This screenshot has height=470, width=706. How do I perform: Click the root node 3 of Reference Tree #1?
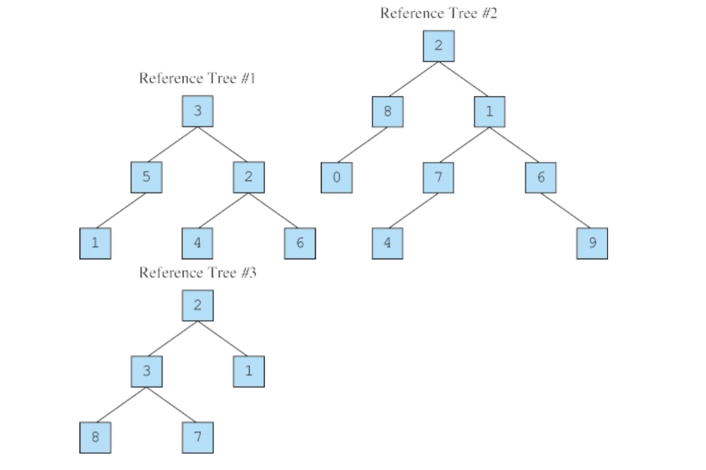[x=198, y=112]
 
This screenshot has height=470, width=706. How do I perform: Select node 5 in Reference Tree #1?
[x=147, y=177]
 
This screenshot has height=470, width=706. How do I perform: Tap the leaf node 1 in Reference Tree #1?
[x=95, y=244]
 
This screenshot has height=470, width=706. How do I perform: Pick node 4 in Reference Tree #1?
[x=198, y=244]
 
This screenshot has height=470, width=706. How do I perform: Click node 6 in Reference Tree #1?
[x=300, y=244]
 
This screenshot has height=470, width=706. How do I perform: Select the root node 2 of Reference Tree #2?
[x=438, y=46]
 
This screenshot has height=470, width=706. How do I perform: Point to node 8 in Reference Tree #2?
[x=387, y=112]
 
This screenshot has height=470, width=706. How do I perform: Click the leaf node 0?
[x=336, y=177]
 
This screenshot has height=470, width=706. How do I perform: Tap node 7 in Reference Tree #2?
[x=438, y=177]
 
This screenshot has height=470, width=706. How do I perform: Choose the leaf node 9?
[x=592, y=244]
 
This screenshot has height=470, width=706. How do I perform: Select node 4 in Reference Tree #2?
[x=387, y=244]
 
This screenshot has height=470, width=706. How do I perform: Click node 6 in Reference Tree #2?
[x=541, y=177]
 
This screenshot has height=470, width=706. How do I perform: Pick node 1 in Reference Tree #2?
[x=490, y=112]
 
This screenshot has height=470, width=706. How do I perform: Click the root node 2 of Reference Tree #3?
[x=198, y=306]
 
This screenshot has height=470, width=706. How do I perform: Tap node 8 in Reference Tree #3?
[x=95, y=438]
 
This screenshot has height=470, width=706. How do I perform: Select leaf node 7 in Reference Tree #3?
[x=198, y=438]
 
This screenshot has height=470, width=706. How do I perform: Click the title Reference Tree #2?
[x=438, y=14]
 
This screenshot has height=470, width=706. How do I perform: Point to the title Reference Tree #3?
[x=198, y=273]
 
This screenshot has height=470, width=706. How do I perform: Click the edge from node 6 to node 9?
[x=566, y=210]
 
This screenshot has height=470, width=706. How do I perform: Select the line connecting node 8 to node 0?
[x=362, y=145]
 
